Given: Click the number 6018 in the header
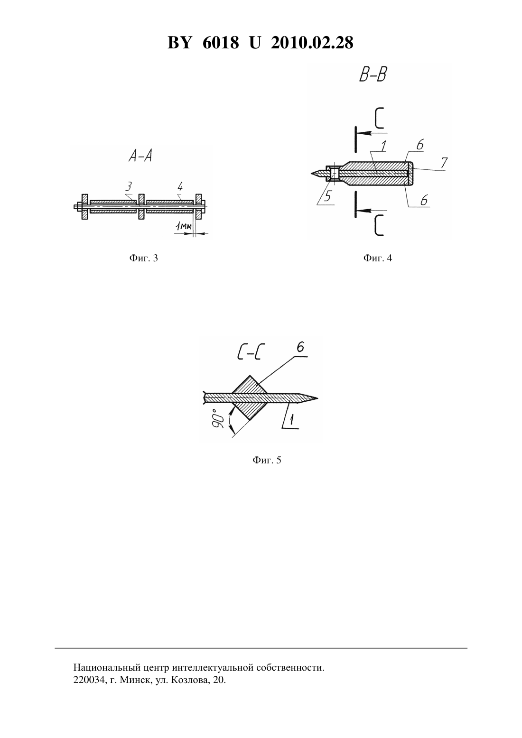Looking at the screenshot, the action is [x=221, y=43].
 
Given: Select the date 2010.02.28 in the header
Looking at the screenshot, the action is [x=312, y=43].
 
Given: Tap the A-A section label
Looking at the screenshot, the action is [x=140, y=156].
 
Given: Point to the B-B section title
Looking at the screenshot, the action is [x=373, y=75].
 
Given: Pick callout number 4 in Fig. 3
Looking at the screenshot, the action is [x=180, y=187].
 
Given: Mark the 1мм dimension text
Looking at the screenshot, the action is [x=183, y=226].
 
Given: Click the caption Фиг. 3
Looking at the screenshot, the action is [x=143, y=258].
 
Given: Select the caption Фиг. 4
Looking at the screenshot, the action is [x=378, y=258].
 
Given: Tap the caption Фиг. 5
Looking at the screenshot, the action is [x=267, y=460].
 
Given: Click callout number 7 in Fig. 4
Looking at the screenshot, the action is [x=444, y=162].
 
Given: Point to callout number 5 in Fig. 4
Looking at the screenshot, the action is [x=327, y=197].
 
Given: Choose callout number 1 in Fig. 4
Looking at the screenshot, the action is [x=383, y=146].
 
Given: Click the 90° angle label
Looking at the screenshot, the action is [x=218, y=419].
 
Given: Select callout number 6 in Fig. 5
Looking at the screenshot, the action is [x=300, y=348].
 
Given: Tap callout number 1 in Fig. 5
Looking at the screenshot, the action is [x=292, y=420].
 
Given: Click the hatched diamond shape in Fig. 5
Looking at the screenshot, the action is [x=250, y=397].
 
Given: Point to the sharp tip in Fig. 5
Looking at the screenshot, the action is [x=317, y=398].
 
